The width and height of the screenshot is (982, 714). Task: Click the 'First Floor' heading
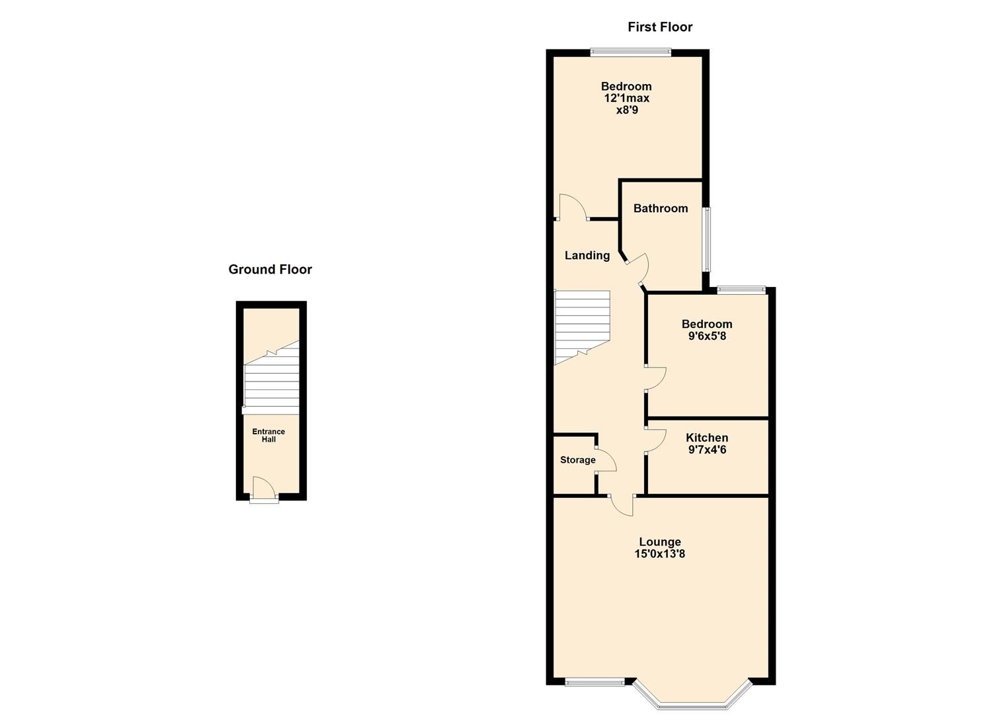point(659,27)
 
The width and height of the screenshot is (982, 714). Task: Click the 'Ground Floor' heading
point(270,270)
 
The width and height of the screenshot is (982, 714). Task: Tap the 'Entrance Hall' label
point(268,436)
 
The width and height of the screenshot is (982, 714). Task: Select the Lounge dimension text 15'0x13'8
point(659,554)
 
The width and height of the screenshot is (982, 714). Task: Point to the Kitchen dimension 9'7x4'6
point(707,450)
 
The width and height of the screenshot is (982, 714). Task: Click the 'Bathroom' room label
point(660,208)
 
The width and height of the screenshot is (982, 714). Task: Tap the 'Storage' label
point(577,460)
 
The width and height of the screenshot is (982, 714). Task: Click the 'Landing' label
point(587,255)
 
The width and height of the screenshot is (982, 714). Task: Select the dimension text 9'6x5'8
point(707,336)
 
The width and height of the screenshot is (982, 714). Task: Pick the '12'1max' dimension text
point(626,98)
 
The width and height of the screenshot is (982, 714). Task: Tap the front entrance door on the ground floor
point(264,490)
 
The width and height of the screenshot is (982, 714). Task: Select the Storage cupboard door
point(606,460)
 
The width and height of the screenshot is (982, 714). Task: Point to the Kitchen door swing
point(655,440)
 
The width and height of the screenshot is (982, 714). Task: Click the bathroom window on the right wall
point(706,239)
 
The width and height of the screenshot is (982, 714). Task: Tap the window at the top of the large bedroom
point(630,52)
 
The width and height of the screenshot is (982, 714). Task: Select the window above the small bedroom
point(741,289)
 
